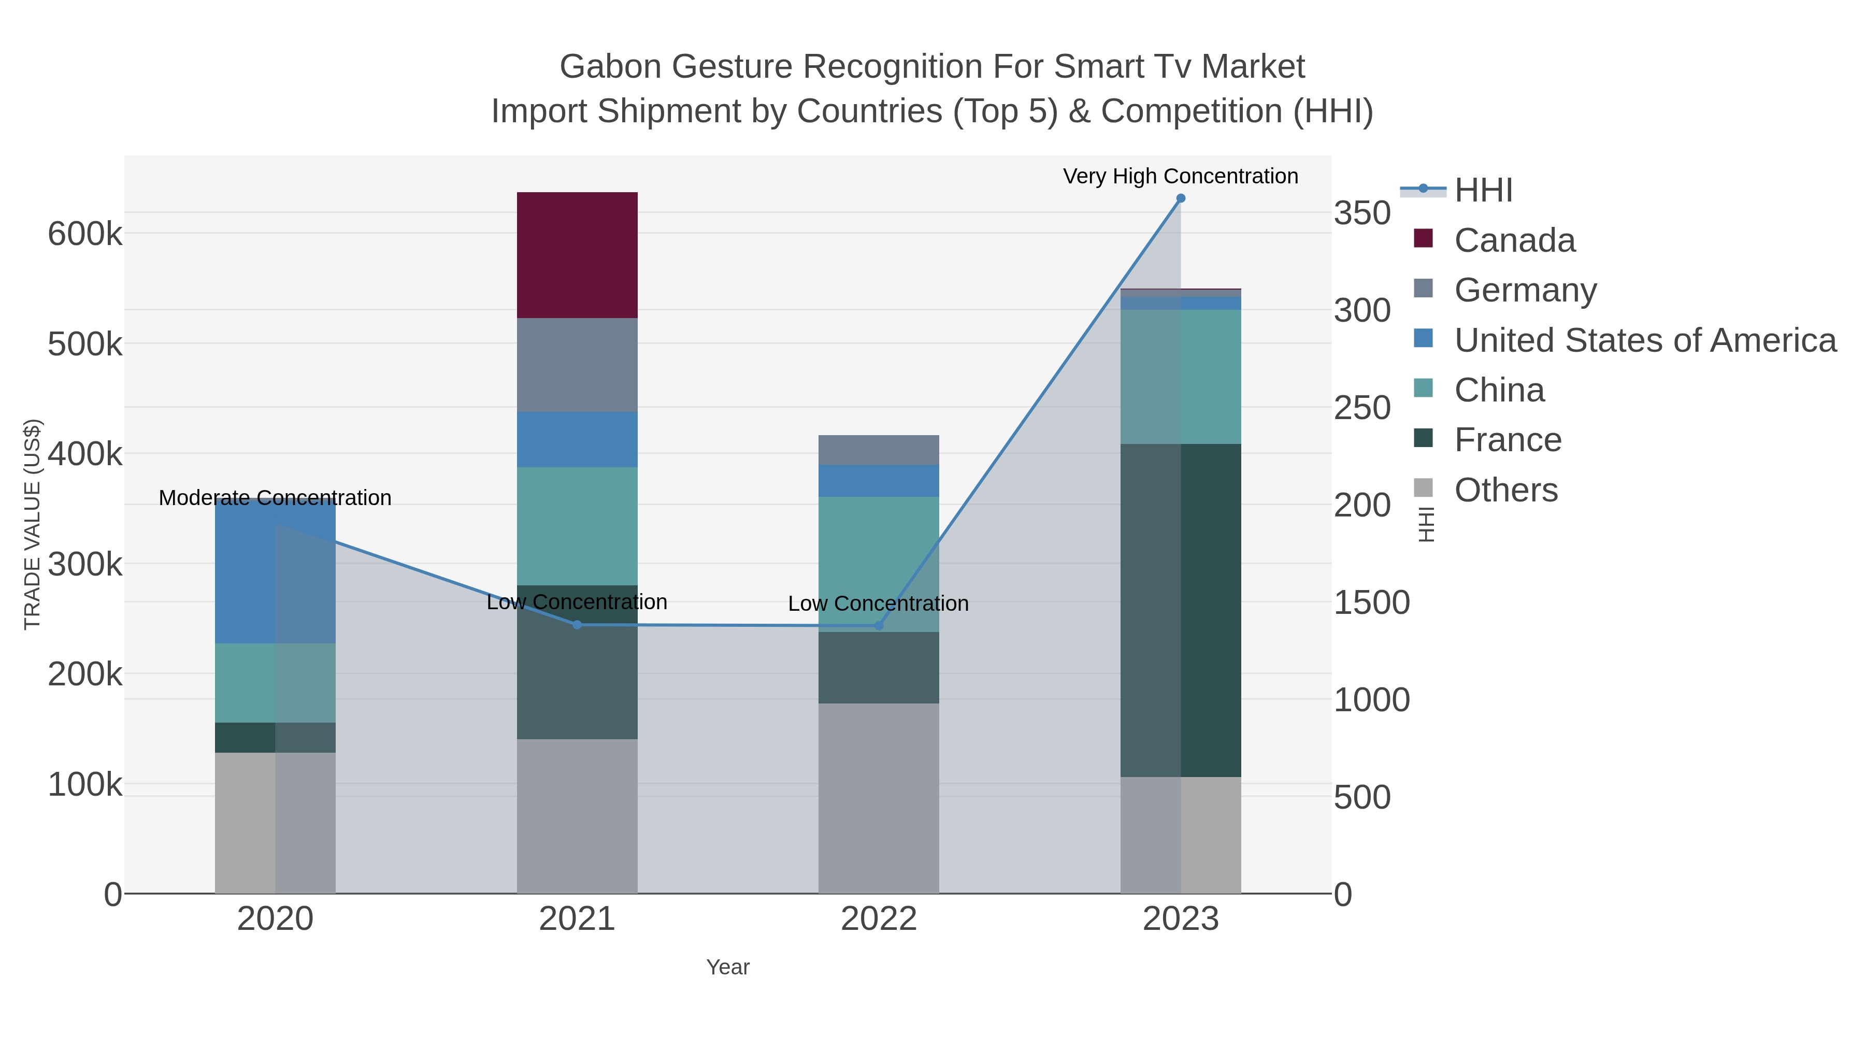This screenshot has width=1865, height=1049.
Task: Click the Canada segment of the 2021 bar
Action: pyautogui.click(x=577, y=255)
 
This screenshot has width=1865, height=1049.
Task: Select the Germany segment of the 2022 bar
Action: pyautogui.click(x=878, y=450)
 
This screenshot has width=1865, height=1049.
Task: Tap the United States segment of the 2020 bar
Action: pyautogui.click(x=275, y=572)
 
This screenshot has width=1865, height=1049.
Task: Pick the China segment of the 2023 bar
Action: pyautogui.click(x=1181, y=377)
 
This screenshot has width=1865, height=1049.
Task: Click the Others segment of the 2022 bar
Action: pyautogui.click(x=878, y=798)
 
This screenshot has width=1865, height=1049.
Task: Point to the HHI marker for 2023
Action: pyautogui.click(x=1181, y=198)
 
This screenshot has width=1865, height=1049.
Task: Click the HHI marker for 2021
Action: pyautogui.click(x=577, y=625)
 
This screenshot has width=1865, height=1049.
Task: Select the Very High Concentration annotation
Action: pyautogui.click(x=1180, y=177)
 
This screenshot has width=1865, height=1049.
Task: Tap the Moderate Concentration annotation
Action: pyautogui.click(x=275, y=498)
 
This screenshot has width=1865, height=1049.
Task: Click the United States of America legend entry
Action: pyautogui.click(x=1644, y=340)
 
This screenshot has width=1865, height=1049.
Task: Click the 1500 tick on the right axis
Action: pyautogui.click(x=1371, y=603)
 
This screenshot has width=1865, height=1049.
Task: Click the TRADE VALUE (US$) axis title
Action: pyautogui.click(x=33, y=524)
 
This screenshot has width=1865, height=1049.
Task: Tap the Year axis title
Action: pyautogui.click(x=728, y=967)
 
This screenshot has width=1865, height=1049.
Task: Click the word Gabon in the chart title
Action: pyautogui.click(x=610, y=67)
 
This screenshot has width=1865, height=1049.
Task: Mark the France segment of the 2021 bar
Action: pyautogui.click(x=577, y=663)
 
